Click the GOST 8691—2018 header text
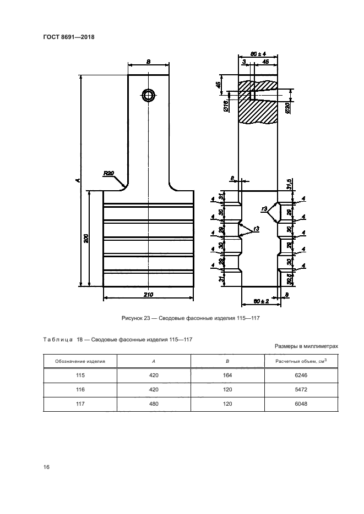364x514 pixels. [68, 37]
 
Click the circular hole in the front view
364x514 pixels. [149, 95]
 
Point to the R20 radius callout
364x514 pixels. [108, 174]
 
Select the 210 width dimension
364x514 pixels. [148, 295]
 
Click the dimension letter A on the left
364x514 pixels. [78, 180]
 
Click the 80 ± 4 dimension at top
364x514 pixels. [258, 54]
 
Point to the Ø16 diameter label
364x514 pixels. [227, 106]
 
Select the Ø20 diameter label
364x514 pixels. [288, 108]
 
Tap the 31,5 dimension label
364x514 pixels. [289, 183]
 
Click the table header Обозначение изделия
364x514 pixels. [80, 361]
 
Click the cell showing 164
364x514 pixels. [228, 375]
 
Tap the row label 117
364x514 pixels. [80, 405]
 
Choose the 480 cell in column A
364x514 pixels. [154, 405]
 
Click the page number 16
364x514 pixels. [47, 467]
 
